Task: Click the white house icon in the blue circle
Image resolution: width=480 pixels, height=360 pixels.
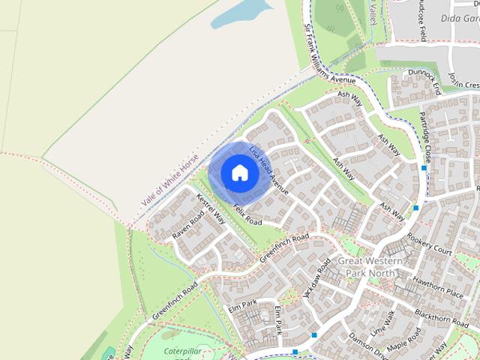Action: click(x=239, y=172)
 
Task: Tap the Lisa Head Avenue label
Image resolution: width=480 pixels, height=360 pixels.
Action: click(x=269, y=169)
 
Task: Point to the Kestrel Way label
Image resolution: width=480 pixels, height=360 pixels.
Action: click(x=211, y=209)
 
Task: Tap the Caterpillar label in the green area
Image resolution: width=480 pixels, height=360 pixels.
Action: click(x=187, y=350)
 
